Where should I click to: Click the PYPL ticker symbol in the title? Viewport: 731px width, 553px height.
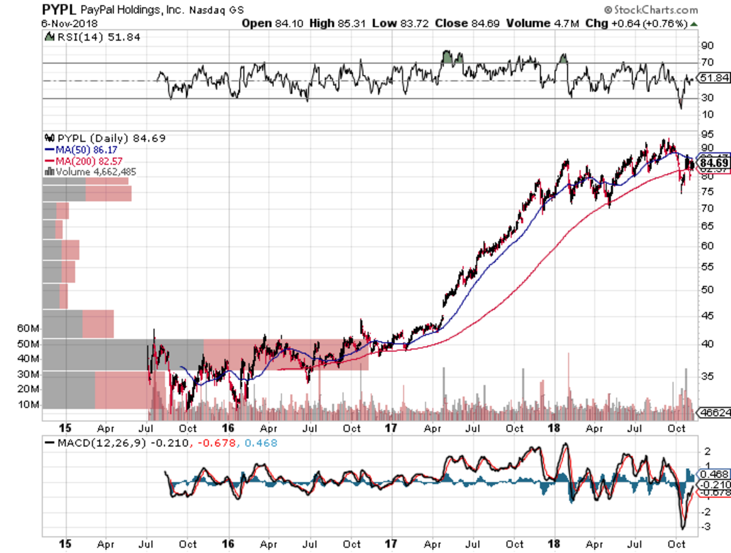tap(58, 10)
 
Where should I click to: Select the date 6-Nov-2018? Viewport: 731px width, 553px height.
tap(69, 23)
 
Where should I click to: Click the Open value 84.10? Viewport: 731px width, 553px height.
tap(288, 23)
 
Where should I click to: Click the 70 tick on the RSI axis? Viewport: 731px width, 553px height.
tap(707, 62)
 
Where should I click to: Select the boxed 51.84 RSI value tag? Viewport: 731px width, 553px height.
tap(714, 78)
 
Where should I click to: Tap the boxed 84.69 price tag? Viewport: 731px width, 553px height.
tap(714, 164)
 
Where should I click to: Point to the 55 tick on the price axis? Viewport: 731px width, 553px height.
tap(707, 267)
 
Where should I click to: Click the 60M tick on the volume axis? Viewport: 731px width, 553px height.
tap(28, 328)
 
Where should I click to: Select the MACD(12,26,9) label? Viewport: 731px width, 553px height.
tap(101, 443)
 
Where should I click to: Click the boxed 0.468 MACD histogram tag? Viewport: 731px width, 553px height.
tap(714, 474)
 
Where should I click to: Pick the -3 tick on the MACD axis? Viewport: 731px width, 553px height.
tap(707, 527)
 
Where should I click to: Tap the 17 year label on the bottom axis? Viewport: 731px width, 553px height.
tap(391, 544)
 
